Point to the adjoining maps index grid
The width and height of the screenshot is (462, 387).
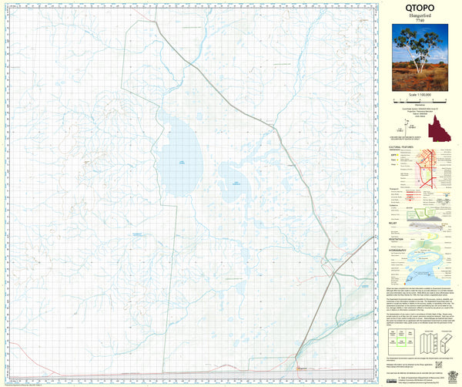click(401, 340)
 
